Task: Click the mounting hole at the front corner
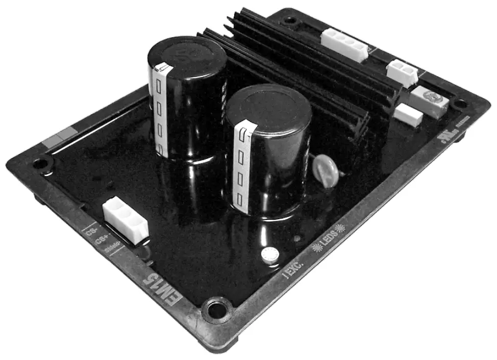(217, 309)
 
